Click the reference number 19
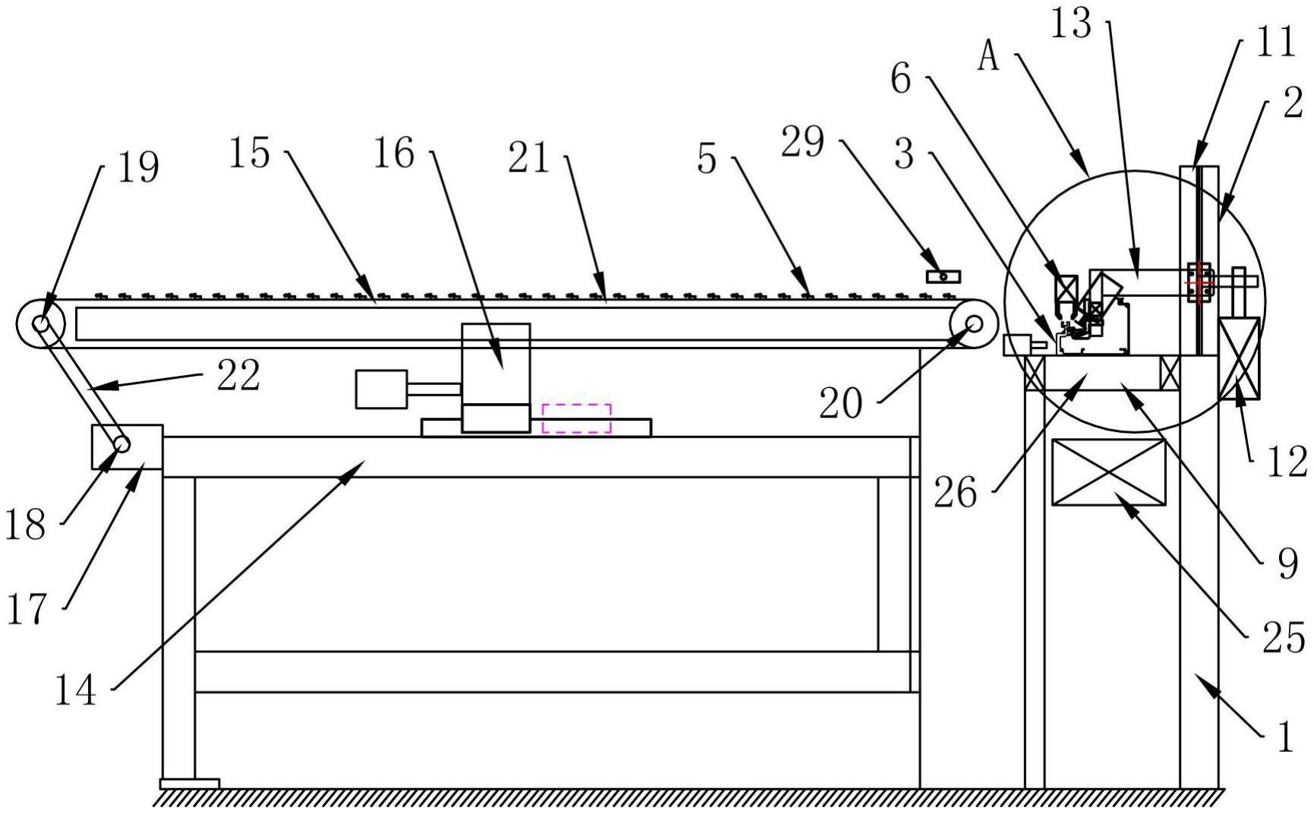pos(138,168)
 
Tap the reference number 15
pos(249,154)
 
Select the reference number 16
pos(393,154)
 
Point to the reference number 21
pos(529,159)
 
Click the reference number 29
pos(802,142)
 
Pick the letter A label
pos(988,57)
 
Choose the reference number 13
pos(1070,25)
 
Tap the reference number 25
pos(1283,636)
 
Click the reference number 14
pos(76,691)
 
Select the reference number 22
pos(238,376)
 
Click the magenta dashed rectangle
pos(576,418)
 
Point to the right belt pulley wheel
pos(974,324)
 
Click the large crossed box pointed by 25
pos(1108,472)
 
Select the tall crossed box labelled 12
pos(1239,358)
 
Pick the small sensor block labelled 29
pos(943,276)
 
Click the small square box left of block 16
pos(381,389)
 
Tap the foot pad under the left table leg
pos(189,783)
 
